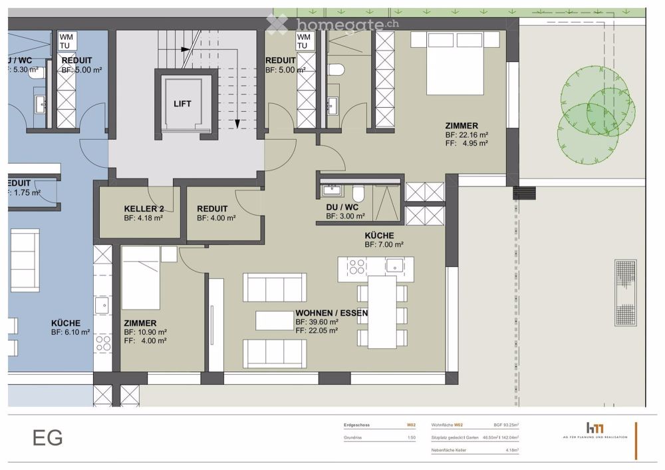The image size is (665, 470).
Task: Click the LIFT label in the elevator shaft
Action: point(182,104)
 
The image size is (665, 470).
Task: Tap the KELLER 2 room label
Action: point(144,208)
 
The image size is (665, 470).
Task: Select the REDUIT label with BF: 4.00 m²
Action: point(212,208)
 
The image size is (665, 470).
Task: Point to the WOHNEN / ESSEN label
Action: point(332,312)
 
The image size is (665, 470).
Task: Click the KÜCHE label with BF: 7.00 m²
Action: point(379,236)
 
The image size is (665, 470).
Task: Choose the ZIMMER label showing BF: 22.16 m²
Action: point(462,125)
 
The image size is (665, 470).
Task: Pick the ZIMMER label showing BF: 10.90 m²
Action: point(140,323)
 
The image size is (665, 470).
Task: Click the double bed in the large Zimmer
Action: point(455,63)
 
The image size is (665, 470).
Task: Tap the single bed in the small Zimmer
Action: point(140,278)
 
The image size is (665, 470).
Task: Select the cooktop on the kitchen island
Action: point(356,266)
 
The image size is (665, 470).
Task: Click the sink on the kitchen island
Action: point(395,266)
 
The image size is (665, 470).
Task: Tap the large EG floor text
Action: point(48,438)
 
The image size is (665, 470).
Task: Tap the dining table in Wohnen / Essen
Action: point(382,312)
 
